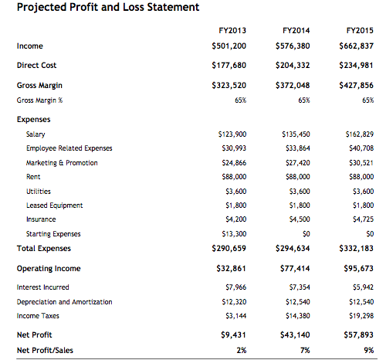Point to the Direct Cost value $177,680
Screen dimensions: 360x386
tap(229, 66)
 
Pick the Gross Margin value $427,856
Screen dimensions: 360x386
tap(356, 85)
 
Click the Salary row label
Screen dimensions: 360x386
tap(36, 134)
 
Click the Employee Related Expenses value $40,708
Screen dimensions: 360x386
tap(360, 148)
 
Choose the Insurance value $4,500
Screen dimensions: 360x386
tap(297, 219)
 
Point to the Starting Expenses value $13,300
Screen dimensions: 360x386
tap(233, 233)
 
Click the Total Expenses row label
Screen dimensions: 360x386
tap(44, 248)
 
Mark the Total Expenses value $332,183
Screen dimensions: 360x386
tap(356, 248)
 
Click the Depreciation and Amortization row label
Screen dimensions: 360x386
tap(69, 302)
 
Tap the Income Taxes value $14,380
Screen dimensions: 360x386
tap(296, 316)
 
